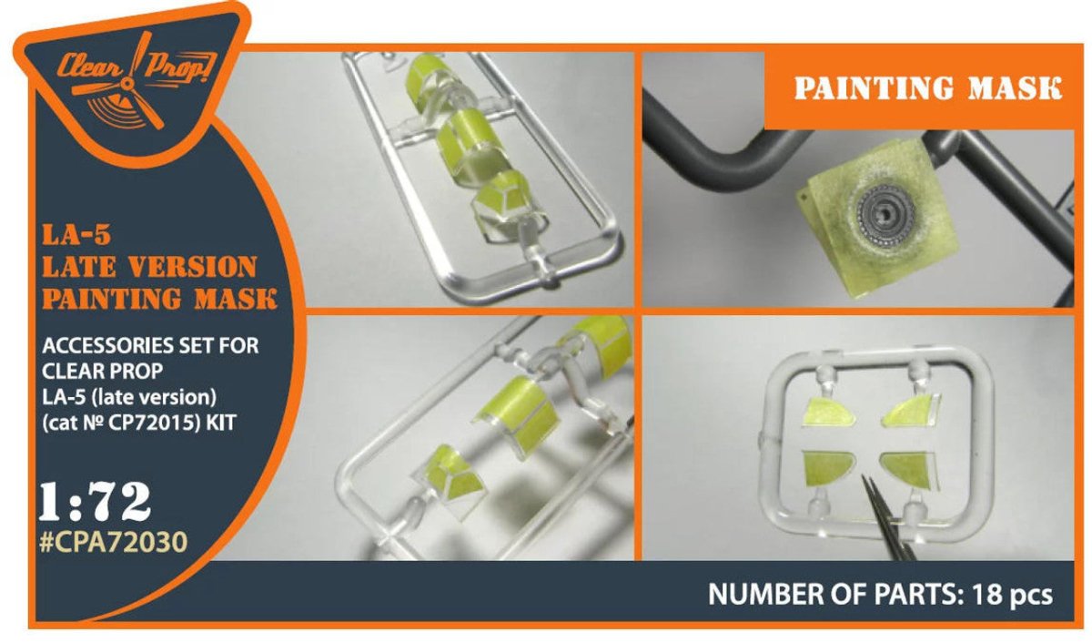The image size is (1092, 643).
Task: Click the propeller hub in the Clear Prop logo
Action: coord(128,85)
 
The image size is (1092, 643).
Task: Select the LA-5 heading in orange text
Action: coord(76,236)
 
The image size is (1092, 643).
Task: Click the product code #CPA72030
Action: coord(113,543)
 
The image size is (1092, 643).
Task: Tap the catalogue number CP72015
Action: coord(151,424)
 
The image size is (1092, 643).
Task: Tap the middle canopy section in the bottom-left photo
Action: coord(516,416)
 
